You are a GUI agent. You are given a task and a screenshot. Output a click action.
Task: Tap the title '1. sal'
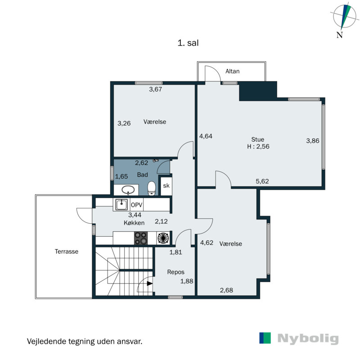pos(189,43)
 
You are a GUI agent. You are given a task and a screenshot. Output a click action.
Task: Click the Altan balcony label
pos(233,71)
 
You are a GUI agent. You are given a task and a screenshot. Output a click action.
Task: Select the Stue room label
pos(258,139)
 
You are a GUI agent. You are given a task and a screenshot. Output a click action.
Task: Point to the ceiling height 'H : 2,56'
pos(258,146)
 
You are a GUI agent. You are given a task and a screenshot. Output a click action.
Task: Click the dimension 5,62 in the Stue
pos(262,181)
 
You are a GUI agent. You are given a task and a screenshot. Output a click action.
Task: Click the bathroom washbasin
pos(128,189)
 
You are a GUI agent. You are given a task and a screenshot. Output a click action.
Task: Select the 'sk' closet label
pos(166,185)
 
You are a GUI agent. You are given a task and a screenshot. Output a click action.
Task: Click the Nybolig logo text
pos(308,339)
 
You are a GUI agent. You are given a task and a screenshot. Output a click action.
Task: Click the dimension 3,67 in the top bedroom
pos(155,89)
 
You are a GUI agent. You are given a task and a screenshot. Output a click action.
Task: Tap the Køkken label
pos(134,223)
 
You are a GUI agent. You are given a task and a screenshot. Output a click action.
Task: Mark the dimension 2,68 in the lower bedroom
pos(226,290)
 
